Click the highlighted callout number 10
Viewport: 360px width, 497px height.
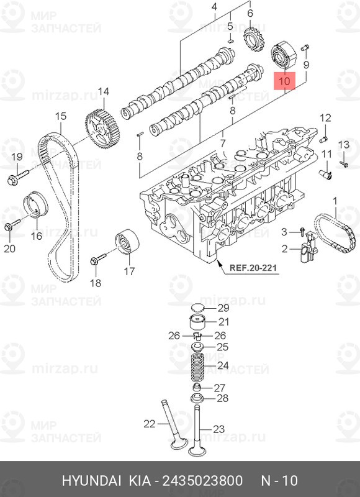click(x=284, y=81)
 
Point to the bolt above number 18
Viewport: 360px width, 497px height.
click(x=98, y=258)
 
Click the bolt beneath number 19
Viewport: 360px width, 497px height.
click(x=17, y=177)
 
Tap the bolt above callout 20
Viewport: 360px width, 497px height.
click(x=12, y=224)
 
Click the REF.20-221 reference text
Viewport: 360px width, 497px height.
click(x=253, y=268)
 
